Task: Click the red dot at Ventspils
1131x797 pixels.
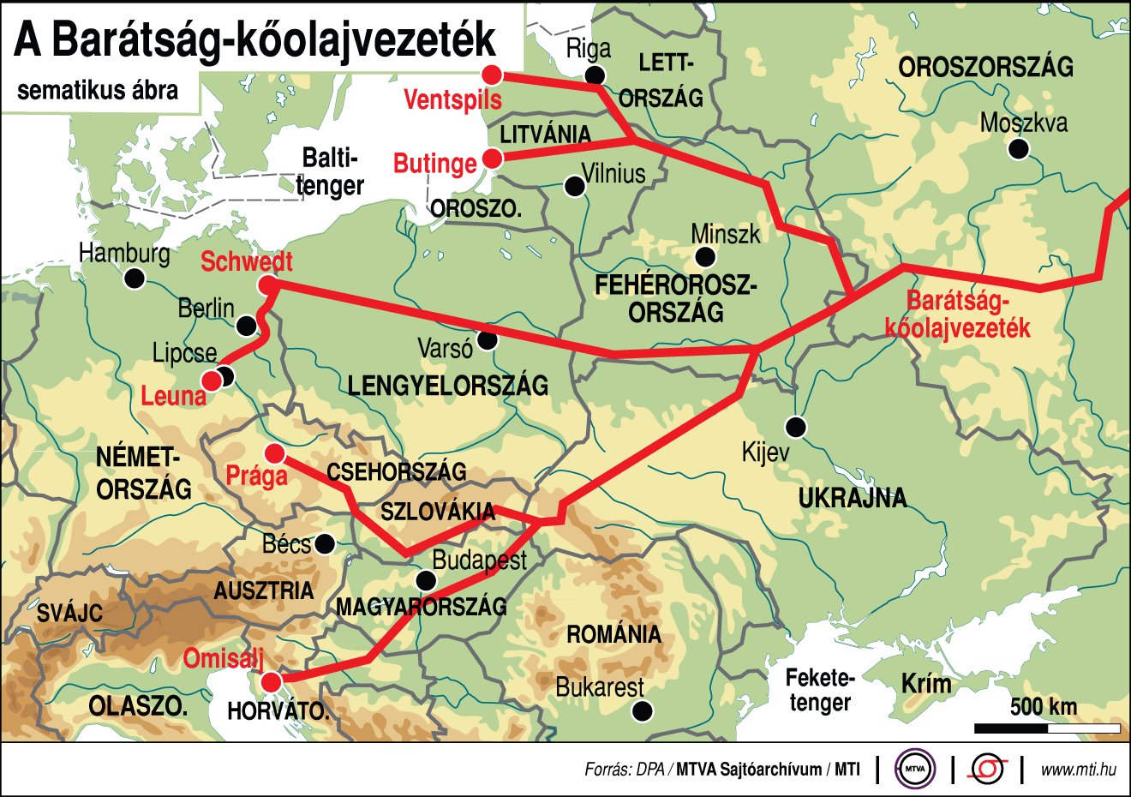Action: [492, 74]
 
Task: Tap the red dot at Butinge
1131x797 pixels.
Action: [493, 159]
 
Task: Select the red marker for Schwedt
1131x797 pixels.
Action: [266, 285]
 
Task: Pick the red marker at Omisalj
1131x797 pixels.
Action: [271, 682]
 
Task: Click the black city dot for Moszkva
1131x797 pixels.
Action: [1018, 150]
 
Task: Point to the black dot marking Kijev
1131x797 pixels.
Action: [797, 427]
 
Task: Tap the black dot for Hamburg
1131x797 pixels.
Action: [134, 279]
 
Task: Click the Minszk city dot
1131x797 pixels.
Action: [705, 257]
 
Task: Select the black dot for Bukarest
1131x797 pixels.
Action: [642, 710]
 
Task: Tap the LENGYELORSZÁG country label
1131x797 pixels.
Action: [447, 386]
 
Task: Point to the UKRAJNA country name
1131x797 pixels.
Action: [852, 498]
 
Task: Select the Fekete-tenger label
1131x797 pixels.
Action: [820, 691]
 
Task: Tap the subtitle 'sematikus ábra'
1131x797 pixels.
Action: [98, 91]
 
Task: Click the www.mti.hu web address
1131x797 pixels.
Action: [1078, 770]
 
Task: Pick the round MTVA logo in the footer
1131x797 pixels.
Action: [914, 770]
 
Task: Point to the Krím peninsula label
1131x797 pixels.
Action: [926, 684]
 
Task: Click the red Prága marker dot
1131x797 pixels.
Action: [275, 453]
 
